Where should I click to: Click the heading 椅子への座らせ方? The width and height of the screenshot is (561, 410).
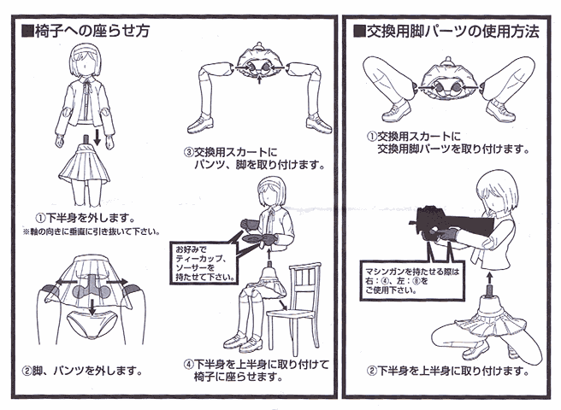point(86,31)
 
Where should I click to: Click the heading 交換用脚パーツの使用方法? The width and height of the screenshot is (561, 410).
point(446,32)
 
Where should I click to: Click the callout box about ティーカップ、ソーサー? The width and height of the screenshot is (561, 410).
point(204,263)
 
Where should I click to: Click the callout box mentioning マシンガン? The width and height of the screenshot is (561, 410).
point(412,281)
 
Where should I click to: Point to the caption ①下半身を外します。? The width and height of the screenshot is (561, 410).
point(86,217)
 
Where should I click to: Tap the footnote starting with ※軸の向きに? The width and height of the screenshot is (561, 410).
point(92,231)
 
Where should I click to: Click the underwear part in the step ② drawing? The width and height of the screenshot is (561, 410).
point(92,325)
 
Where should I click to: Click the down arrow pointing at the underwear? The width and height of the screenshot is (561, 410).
point(92,307)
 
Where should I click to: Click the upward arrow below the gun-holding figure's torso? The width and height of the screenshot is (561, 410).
point(489,278)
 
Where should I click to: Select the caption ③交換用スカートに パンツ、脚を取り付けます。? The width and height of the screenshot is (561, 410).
point(255,159)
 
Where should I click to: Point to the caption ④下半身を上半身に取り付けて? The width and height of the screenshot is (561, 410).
point(257,364)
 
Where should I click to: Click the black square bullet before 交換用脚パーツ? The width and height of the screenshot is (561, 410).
point(359,32)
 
